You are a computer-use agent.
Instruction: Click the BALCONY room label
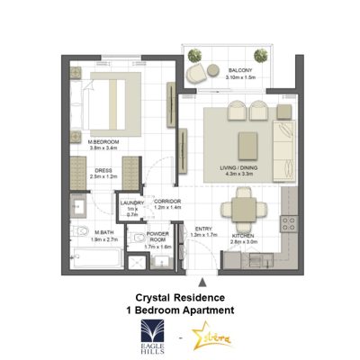[239, 70]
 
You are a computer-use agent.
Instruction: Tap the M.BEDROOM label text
[103, 142]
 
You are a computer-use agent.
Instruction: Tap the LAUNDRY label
[133, 203]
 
